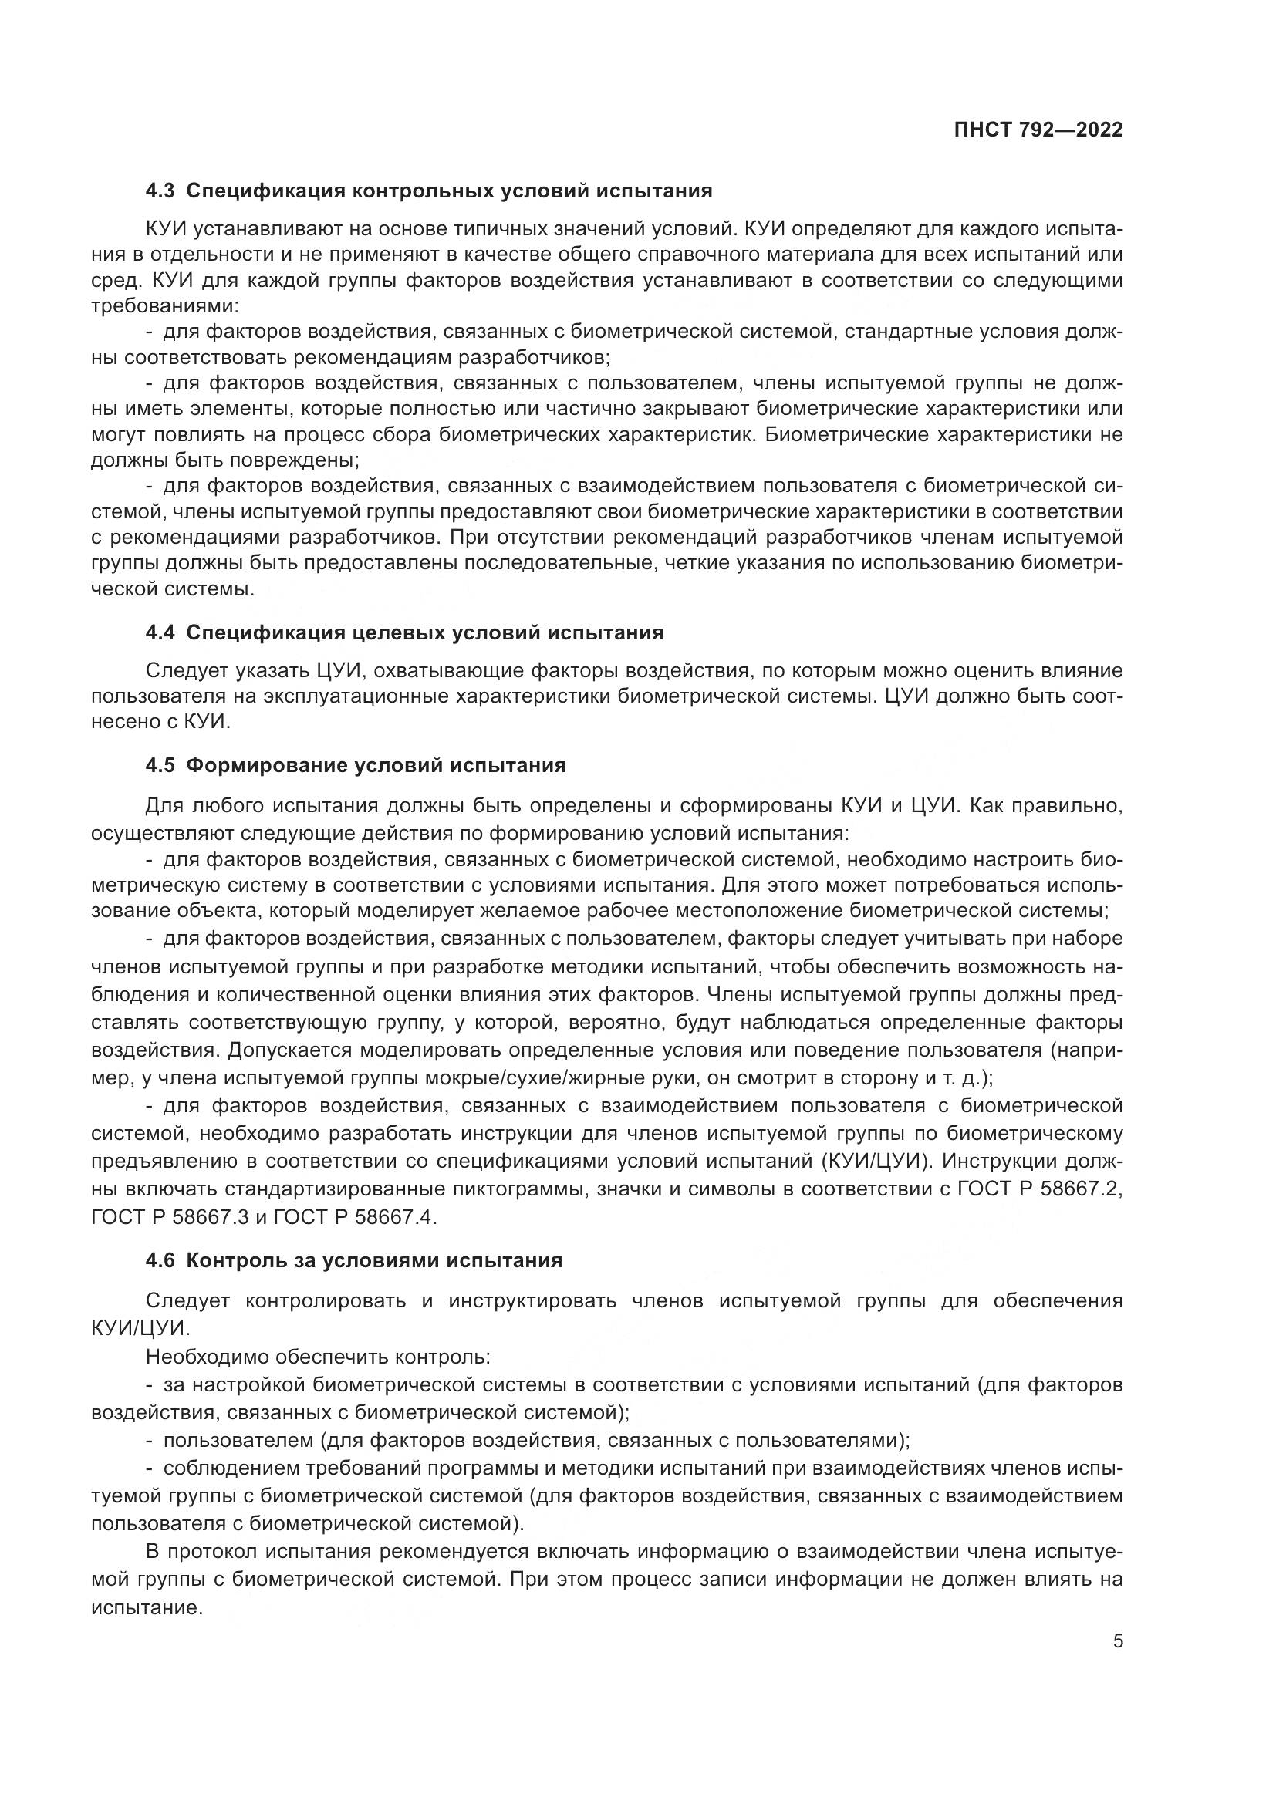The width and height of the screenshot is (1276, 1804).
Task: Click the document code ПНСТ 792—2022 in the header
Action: click(1038, 130)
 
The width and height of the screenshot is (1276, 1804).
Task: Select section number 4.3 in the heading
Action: click(160, 191)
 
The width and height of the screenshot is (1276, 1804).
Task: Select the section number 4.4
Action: click(160, 632)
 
